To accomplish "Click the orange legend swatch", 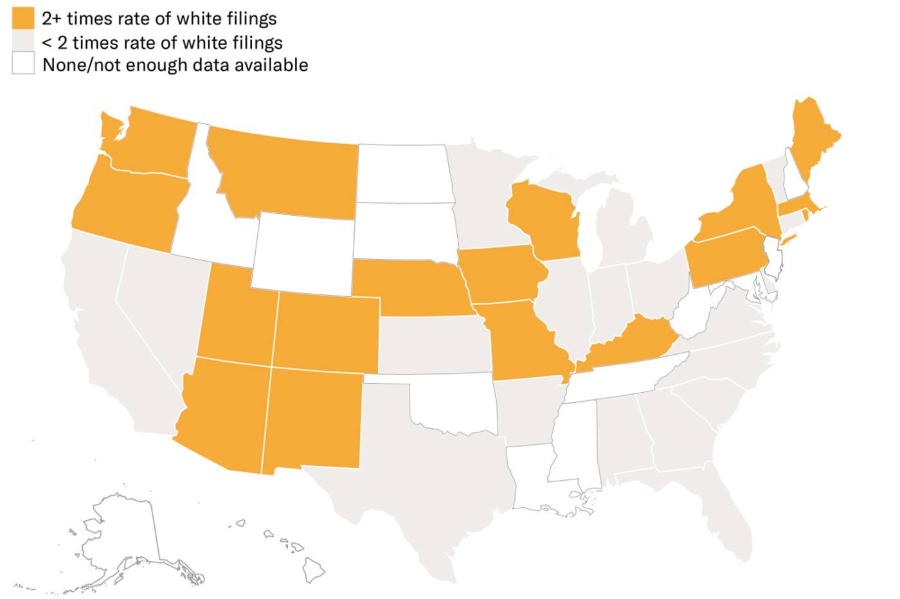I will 23,18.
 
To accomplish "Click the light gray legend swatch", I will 23,40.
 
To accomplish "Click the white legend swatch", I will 23,63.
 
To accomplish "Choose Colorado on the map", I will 325,334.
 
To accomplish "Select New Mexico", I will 312,418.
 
